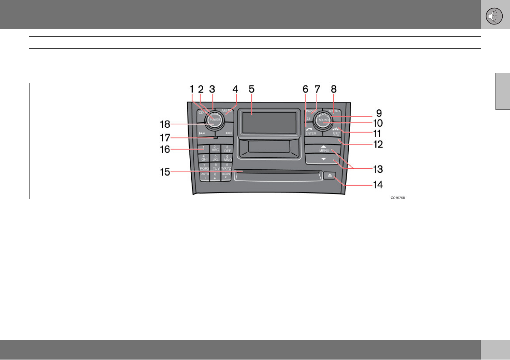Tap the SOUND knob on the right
click(324, 120)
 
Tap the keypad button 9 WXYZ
click(226, 166)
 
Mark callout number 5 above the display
click(251, 89)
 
